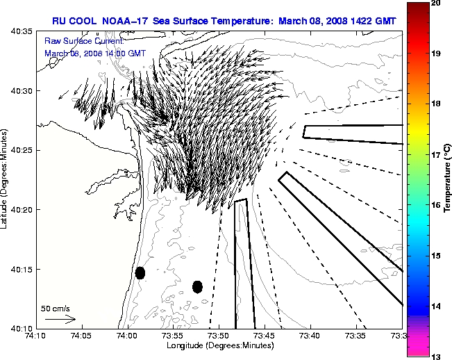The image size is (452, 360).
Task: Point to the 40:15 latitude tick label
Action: (x=19, y=269)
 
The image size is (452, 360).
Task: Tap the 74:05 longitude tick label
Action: (x=81, y=336)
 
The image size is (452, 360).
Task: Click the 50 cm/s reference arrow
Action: (x=60, y=319)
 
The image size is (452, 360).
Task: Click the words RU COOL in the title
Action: (x=73, y=21)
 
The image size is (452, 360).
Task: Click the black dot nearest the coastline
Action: (x=140, y=272)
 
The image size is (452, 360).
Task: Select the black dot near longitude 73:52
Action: (x=197, y=286)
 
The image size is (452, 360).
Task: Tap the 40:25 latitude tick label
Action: (x=19, y=150)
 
